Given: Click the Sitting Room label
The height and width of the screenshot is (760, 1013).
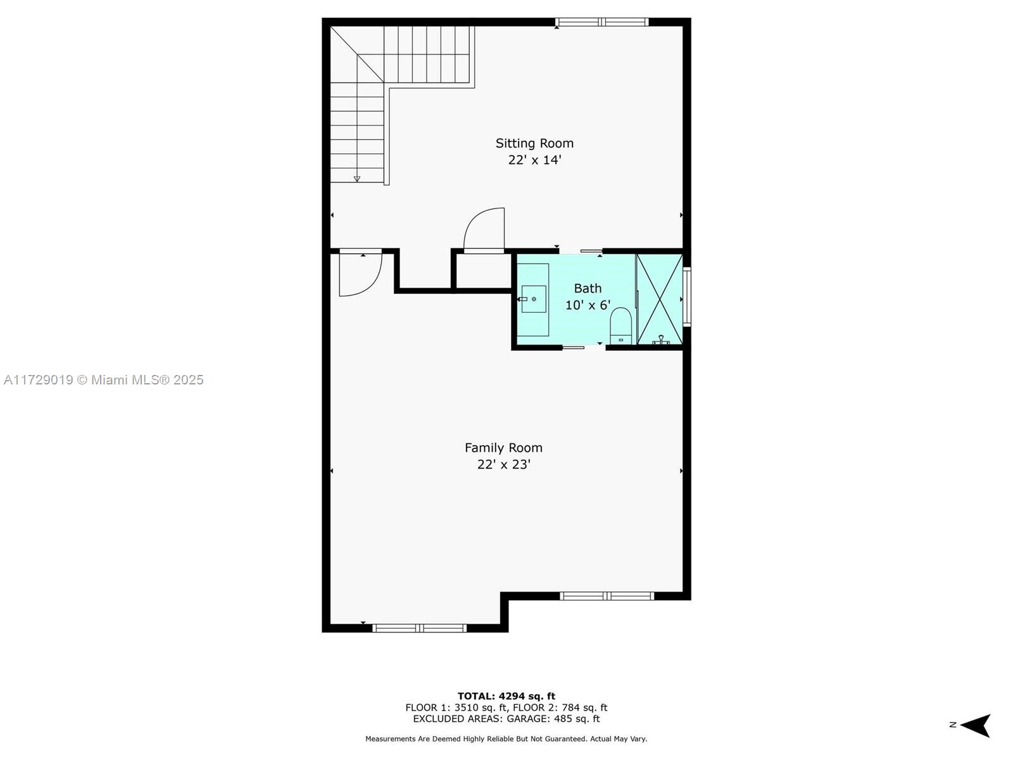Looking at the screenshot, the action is [534, 144].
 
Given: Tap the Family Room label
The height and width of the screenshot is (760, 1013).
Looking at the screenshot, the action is [503, 448].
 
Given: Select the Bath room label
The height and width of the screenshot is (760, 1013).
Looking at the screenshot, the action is [588, 288].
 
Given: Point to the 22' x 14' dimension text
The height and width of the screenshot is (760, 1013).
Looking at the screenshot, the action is [534, 160].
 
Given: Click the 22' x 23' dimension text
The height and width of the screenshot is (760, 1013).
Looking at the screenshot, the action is [503, 464].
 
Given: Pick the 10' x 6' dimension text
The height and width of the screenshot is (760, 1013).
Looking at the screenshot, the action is [588, 305].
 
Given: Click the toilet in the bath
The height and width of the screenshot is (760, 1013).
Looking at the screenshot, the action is [620, 326].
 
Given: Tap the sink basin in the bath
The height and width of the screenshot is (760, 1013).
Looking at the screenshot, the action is [534, 299].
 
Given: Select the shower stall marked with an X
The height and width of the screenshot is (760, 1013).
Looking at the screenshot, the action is [659, 299].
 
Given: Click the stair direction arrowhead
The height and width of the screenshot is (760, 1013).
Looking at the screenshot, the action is [356, 179].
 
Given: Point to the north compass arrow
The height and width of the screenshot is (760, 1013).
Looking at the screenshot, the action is [975, 725].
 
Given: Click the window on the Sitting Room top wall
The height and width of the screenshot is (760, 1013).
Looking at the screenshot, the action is [602, 22].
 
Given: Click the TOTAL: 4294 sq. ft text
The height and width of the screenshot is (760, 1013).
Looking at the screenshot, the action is [507, 696].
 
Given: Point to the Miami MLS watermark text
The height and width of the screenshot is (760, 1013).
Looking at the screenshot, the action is [103, 380].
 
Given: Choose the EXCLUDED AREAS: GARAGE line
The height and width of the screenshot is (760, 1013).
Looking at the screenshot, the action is [507, 718].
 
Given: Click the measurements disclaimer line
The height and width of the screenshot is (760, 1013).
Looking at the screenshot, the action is [507, 738].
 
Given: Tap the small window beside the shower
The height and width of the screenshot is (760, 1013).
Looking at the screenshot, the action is [687, 296].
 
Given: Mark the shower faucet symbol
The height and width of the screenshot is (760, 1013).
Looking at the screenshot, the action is [661, 340].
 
